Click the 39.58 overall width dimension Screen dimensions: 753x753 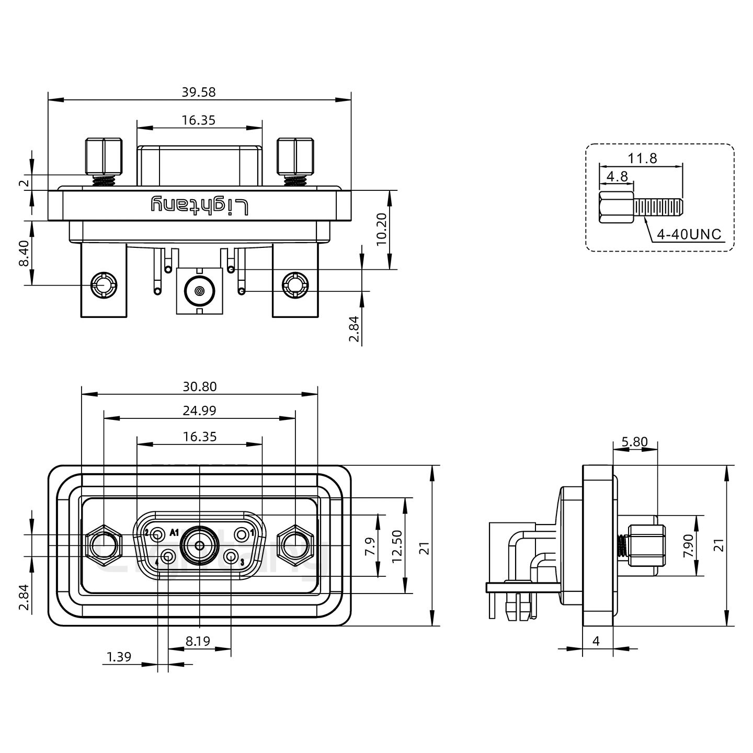[x=198, y=93]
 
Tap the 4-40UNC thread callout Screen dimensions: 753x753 [x=689, y=234]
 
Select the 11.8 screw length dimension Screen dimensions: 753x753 [x=642, y=158]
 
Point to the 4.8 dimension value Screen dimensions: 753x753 [x=617, y=176]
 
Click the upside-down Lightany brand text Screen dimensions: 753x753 [x=200, y=206]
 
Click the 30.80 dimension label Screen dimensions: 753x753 [x=199, y=387]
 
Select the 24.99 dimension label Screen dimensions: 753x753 [x=199, y=411]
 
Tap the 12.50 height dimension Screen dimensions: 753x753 [x=397, y=546]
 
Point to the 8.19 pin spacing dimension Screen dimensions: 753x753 [x=198, y=641]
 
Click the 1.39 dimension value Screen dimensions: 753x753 [x=119, y=657]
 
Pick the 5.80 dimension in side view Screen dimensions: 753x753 [x=634, y=442]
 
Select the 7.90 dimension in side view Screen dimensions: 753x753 [x=688, y=546]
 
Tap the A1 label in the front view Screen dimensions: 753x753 [x=174, y=533]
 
